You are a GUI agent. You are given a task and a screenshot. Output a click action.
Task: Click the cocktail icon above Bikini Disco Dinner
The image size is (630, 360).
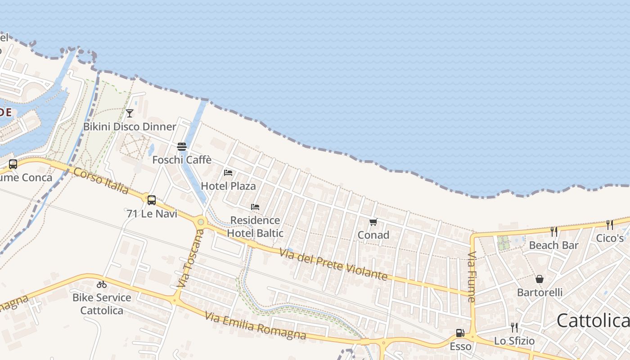coord(130,113)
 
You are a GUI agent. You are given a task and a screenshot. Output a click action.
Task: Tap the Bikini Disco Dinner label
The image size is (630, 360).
coord(130,126)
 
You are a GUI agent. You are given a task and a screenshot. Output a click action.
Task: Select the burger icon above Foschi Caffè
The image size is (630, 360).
coord(182,147)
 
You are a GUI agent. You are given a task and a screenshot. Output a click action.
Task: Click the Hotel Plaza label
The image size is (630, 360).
coord(228,186)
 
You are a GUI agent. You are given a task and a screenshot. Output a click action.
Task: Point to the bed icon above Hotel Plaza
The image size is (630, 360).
coord(228,173)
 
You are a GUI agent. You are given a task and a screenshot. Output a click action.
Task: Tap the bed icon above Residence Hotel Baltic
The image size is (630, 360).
coord(255,207)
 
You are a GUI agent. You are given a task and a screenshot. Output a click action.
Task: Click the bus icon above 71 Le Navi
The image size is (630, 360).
coord(152,200)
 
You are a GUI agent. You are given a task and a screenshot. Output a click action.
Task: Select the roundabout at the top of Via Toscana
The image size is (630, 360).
coord(201,221)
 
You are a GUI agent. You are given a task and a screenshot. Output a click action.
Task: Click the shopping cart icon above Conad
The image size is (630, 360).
coord(373,222)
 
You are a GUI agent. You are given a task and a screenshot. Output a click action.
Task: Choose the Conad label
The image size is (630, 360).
coord(373,235)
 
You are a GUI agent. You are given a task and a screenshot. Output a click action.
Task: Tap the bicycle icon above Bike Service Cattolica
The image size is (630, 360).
coord(102,284)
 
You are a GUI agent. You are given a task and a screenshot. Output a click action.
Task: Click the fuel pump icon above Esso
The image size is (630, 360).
coord(460,333)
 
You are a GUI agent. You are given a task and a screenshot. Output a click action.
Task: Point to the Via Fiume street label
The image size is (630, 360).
coord(472,276)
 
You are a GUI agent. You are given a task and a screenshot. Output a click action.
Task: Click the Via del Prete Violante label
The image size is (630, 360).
coord(333,264)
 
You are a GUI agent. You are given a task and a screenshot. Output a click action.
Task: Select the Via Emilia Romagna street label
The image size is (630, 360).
coord(255,325)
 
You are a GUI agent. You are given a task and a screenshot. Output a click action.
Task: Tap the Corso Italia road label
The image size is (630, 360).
coord(101,181)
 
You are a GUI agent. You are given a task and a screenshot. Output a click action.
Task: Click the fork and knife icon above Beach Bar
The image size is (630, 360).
coord(554,232)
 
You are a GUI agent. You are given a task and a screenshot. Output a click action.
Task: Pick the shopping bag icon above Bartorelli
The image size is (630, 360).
coord(540,279)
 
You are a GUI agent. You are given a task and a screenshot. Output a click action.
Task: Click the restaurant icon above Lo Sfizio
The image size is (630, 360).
coord(514,327)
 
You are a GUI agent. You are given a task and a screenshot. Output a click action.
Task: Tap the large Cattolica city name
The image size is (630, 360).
coord(593,321)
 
